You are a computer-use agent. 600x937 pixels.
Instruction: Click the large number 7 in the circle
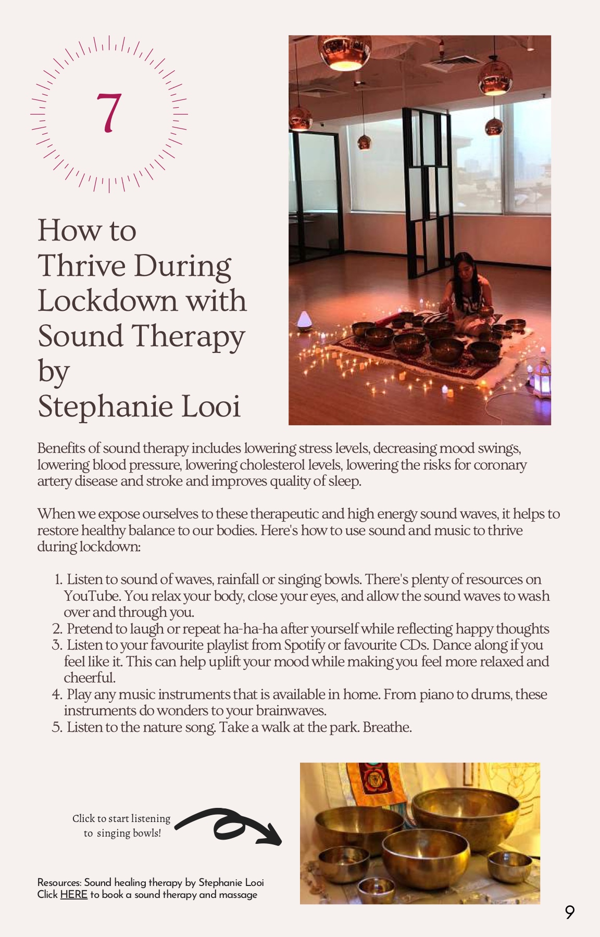(x=109, y=113)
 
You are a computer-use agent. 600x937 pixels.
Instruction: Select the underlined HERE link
(x=73, y=895)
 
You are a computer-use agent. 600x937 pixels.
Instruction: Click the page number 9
(x=570, y=912)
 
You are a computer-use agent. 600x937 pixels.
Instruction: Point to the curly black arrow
(x=229, y=826)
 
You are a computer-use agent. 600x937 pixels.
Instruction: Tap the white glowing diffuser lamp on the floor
(x=304, y=321)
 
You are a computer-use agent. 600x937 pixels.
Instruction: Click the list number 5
(x=57, y=727)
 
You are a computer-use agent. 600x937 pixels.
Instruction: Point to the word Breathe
(x=387, y=727)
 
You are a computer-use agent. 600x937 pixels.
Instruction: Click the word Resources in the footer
(x=59, y=882)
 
